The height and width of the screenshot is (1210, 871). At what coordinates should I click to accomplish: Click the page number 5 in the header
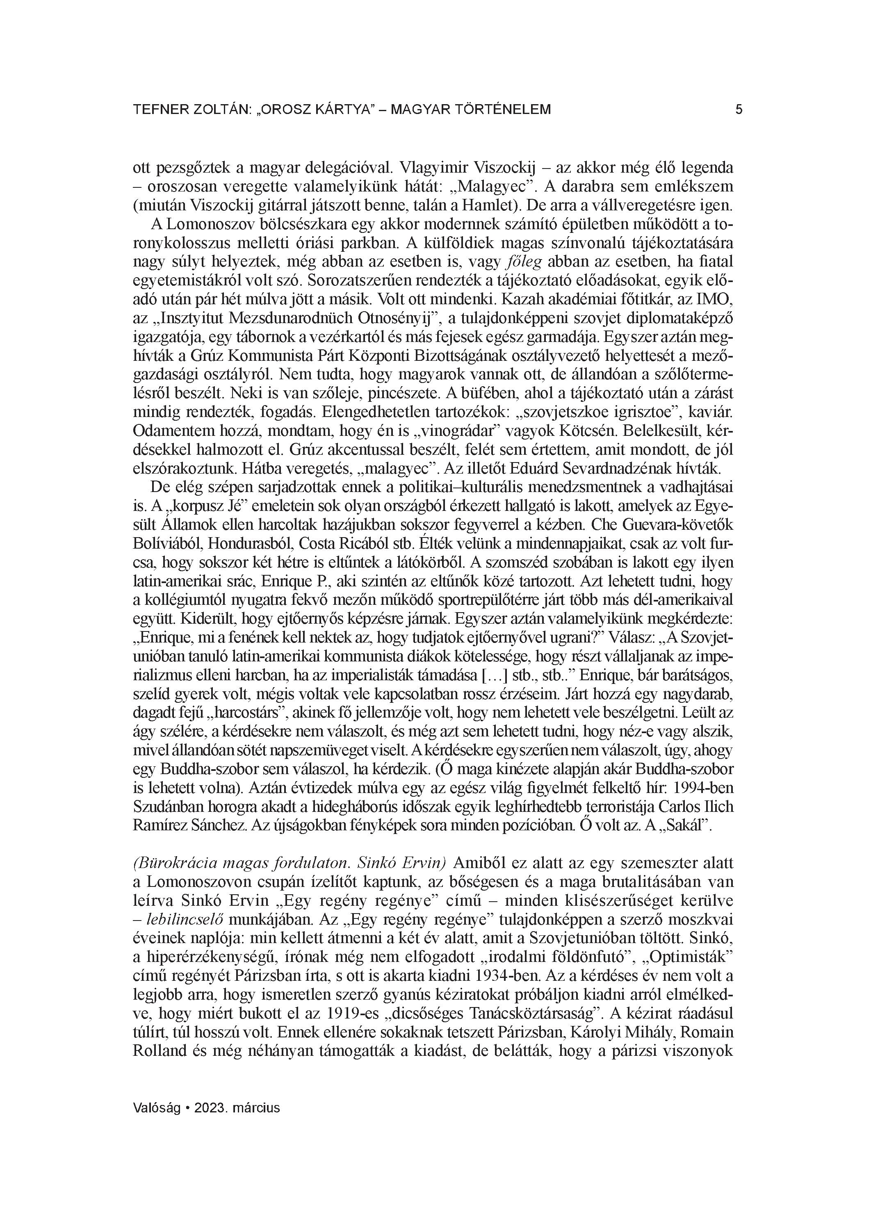(739, 110)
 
